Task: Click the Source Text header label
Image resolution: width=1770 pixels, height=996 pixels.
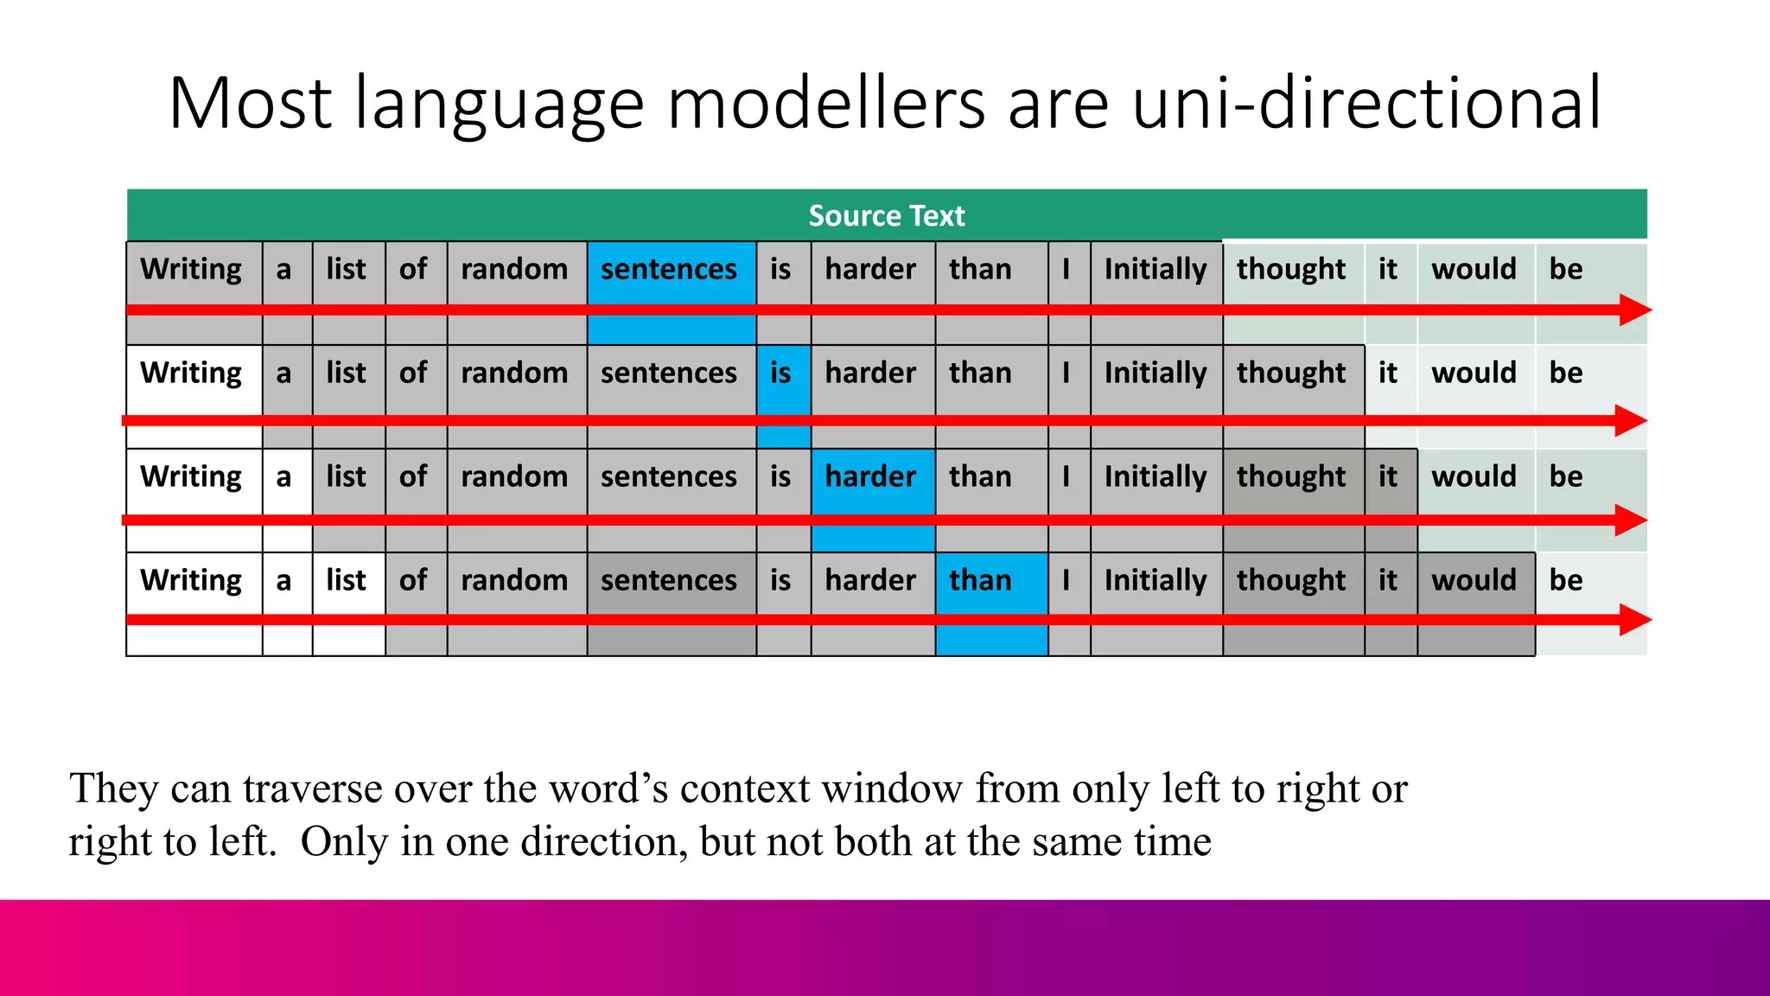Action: click(886, 215)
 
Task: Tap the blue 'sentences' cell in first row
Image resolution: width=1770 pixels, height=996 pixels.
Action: click(670, 270)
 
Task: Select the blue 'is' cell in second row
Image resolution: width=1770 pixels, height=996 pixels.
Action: click(781, 373)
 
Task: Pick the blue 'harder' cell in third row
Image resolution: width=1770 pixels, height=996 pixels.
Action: click(871, 477)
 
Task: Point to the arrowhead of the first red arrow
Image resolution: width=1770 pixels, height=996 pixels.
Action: click(1635, 310)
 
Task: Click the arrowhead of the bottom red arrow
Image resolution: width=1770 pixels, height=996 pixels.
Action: click(1635, 619)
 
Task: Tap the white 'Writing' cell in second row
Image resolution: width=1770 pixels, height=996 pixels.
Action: click(192, 373)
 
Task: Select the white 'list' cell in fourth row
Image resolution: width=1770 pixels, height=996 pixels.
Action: click(347, 581)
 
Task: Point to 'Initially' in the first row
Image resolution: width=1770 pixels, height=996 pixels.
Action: click(1156, 270)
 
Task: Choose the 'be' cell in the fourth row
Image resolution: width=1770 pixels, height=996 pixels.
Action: click(1566, 581)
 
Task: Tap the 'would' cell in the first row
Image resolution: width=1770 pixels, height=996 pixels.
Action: click(1474, 270)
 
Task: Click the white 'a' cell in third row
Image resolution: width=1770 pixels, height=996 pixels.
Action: click(284, 477)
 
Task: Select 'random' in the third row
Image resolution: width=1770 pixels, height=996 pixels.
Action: click(515, 477)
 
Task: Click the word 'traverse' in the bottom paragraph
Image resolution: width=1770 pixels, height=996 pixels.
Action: click(313, 788)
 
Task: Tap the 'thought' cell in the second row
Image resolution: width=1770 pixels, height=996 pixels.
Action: click(1291, 373)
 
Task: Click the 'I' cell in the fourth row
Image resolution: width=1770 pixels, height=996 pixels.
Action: click(1067, 581)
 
